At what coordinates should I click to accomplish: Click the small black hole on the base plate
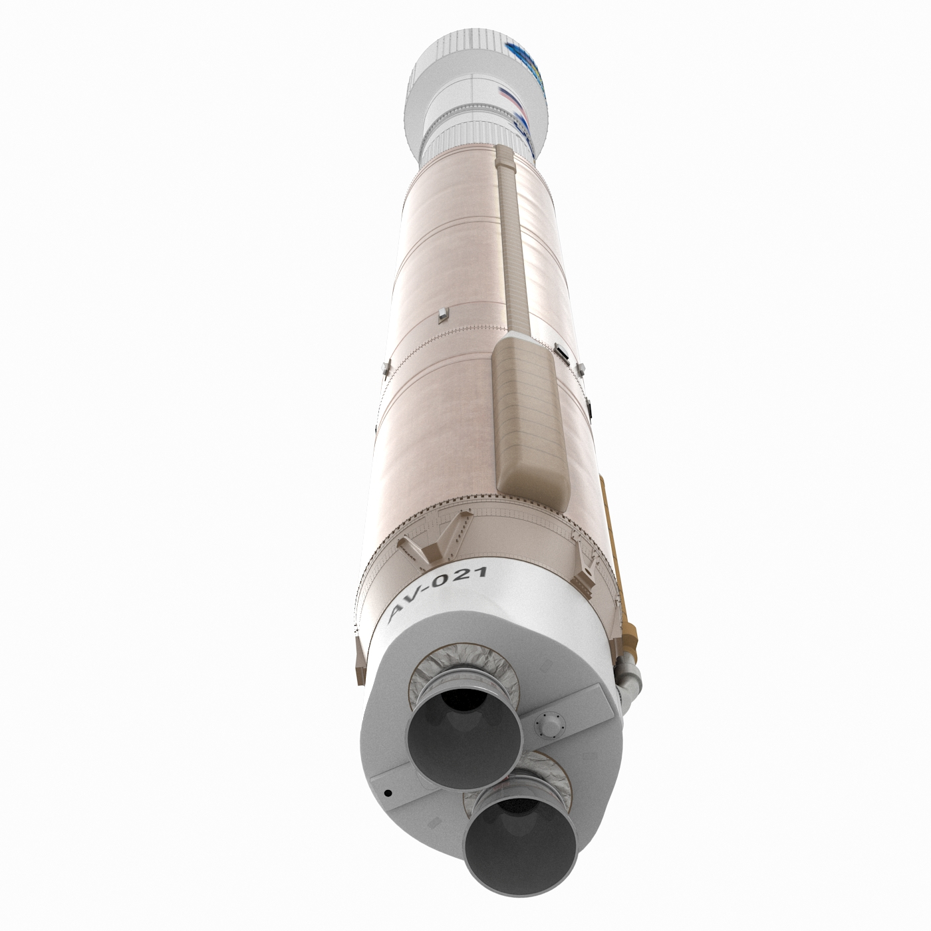[x=386, y=793]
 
